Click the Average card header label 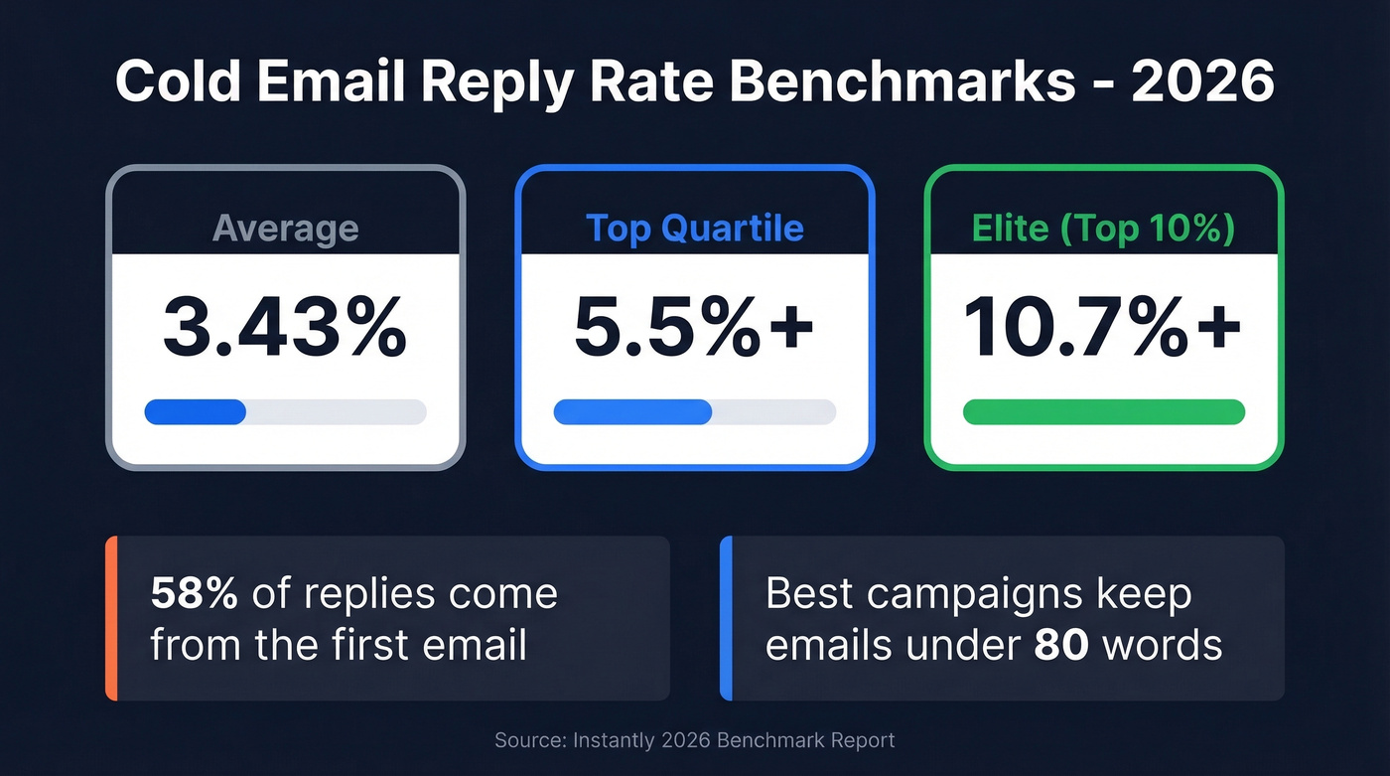click(285, 228)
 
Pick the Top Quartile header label click(694, 228)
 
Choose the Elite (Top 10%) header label click(1103, 228)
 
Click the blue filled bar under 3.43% click(196, 412)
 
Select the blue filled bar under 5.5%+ click(632, 412)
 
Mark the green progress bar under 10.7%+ click(1103, 412)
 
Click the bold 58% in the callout click(194, 594)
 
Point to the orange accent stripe click(111, 618)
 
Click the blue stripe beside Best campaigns click(726, 618)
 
